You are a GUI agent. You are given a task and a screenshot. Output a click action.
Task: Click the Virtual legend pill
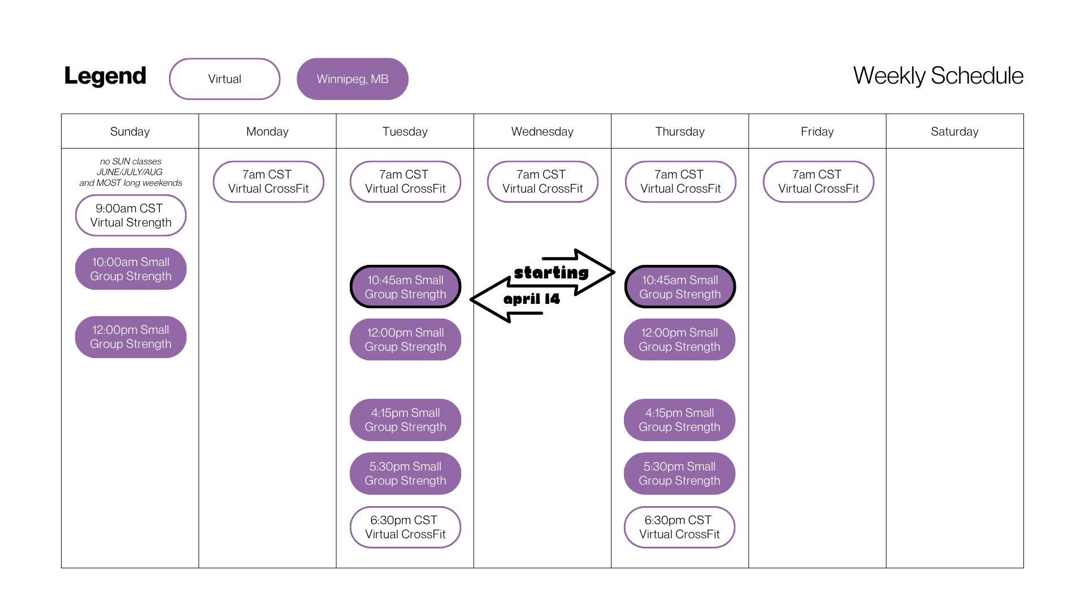pos(224,79)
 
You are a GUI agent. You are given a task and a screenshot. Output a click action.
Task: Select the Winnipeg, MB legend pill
pos(353,79)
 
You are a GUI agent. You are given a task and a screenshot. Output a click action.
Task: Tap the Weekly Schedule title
pos(938,76)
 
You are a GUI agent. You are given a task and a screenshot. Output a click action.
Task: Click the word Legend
pos(105,76)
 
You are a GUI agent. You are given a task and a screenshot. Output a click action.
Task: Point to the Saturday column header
pos(954,132)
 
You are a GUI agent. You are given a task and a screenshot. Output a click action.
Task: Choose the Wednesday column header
pos(542,132)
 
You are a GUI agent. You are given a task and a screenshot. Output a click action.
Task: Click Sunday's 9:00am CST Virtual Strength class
pos(131,215)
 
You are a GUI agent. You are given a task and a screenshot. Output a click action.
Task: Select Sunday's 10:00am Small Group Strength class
pos(131,269)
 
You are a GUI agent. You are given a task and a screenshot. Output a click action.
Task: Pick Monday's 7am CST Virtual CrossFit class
pos(268,181)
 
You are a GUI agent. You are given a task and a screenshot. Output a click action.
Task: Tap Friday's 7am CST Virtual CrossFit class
pos(818,181)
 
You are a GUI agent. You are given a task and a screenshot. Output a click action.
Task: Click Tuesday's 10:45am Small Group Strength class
pos(405,287)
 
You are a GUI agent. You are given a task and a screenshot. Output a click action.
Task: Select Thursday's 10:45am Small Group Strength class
pos(680,287)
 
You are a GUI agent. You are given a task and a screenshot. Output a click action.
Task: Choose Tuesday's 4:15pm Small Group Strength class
pos(405,420)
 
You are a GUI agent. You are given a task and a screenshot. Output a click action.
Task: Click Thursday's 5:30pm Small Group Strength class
pos(679,473)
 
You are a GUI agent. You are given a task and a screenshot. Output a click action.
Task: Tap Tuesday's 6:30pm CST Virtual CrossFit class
pos(405,527)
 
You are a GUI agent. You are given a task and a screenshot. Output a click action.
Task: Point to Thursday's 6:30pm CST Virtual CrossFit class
pos(679,527)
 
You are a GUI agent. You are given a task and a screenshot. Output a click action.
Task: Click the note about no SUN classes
pos(131,172)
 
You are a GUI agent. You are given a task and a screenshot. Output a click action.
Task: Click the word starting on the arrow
pos(552,273)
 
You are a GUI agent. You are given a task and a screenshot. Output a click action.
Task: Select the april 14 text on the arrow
pos(532,299)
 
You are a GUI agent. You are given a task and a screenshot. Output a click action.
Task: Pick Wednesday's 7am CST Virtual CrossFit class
pos(542,181)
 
